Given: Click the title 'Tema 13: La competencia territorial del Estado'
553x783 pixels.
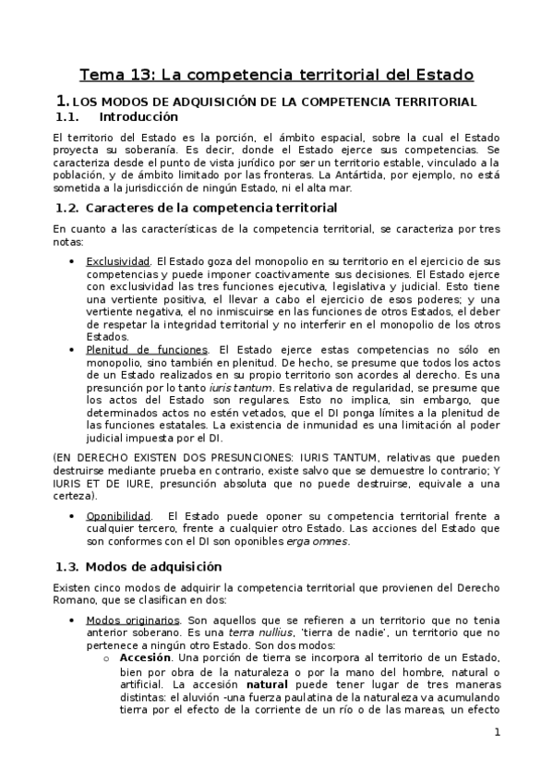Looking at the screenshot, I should tap(276, 73).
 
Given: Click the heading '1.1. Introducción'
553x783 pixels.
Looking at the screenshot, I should tap(115, 117).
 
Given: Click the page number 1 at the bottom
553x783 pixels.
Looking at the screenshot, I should tap(497, 733).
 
